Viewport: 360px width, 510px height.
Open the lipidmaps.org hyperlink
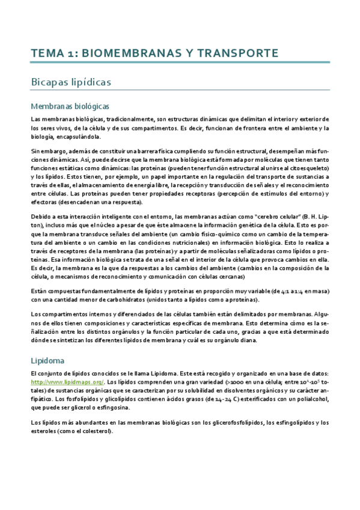67,381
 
